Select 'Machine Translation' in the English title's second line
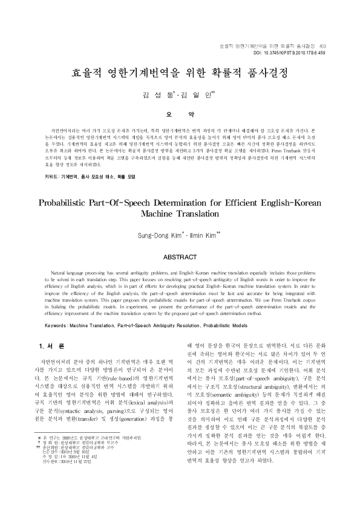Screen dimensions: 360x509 click(180, 214)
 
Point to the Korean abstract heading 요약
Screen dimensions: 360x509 click(180, 114)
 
